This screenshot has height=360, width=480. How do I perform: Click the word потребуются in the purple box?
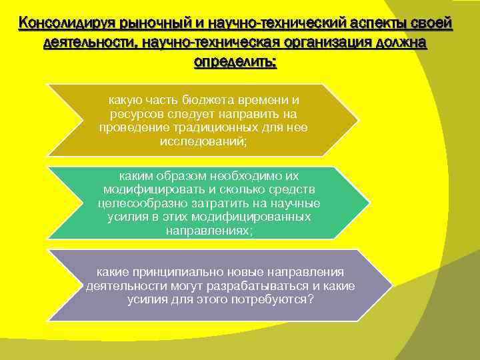[273, 299]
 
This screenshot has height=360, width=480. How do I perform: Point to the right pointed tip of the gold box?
[357, 121]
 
